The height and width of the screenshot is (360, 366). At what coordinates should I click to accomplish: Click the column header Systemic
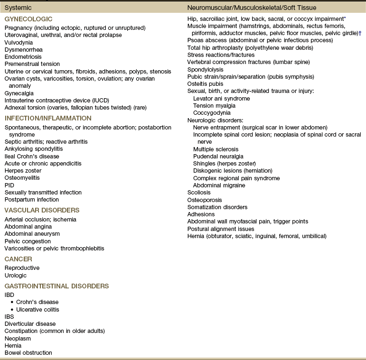click(18, 8)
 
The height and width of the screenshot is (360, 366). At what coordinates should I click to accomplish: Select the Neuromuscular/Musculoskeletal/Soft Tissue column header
click(252, 8)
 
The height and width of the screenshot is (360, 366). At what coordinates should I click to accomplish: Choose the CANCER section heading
click(18, 258)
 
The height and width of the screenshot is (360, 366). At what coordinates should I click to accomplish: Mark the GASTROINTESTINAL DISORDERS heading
click(56, 286)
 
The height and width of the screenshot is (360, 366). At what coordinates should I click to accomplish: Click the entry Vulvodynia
click(19, 42)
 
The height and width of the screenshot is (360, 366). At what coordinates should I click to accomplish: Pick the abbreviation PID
click(9, 185)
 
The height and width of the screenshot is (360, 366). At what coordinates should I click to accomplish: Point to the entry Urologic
click(16, 275)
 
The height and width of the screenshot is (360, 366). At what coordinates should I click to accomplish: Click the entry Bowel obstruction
click(28, 352)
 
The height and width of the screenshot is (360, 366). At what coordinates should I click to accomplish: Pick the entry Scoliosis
click(199, 193)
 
